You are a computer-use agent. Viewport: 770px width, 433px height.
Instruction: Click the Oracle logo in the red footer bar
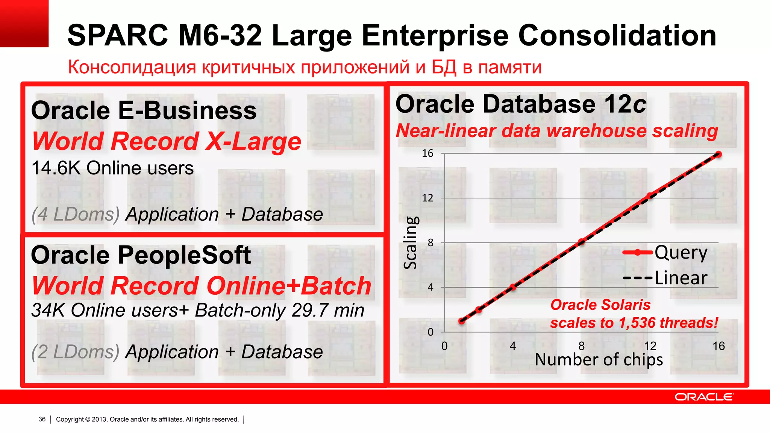(x=703, y=397)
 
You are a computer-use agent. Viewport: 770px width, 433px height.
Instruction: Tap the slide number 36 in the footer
(x=42, y=419)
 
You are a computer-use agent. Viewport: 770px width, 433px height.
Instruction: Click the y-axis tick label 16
(x=427, y=153)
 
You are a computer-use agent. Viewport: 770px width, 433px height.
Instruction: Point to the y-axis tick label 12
(x=427, y=198)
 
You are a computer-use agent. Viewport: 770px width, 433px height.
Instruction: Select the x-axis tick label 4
(x=513, y=346)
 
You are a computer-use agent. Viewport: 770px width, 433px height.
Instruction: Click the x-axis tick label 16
(x=718, y=346)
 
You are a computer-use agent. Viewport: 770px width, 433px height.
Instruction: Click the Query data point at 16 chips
(x=718, y=154)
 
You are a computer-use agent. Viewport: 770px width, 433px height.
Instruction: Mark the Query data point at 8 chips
(x=581, y=242)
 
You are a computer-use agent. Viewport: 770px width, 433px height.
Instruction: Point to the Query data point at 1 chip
(x=462, y=321)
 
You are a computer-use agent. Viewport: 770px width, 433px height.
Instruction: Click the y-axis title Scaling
(x=411, y=242)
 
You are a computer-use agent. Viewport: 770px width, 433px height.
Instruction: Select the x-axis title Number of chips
(x=599, y=360)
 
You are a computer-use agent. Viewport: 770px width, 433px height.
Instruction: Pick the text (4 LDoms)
(x=76, y=214)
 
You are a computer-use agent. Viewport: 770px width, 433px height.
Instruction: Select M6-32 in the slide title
(x=220, y=35)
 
